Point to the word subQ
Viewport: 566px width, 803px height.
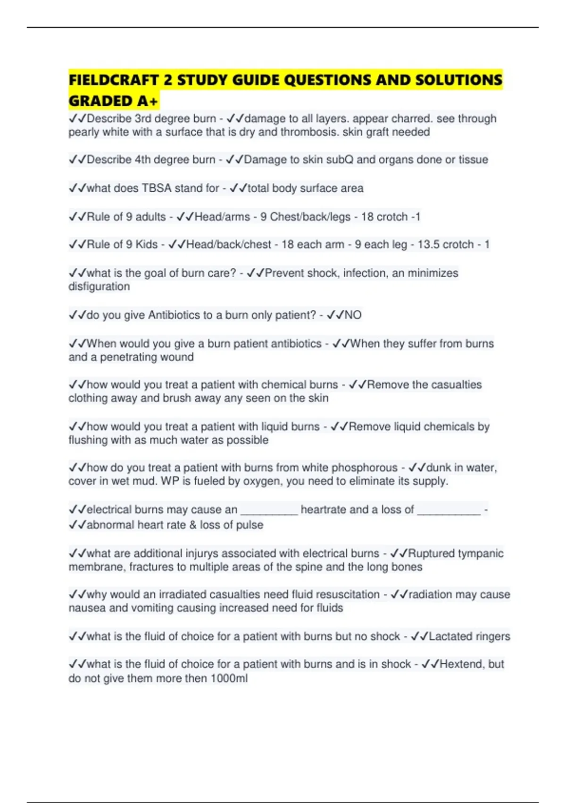pyautogui.click(x=338, y=160)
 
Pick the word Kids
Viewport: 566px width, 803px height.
pyautogui.click(x=146, y=244)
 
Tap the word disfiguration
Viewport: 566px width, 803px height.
pyautogui.click(x=99, y=286)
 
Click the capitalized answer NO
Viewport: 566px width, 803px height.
pyautogui.click(x=353, y=315)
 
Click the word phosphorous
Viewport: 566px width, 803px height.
pyautogui.click(x=365, y=468)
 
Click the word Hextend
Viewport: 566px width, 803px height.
pyautogui.click(x=462, y=664)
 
